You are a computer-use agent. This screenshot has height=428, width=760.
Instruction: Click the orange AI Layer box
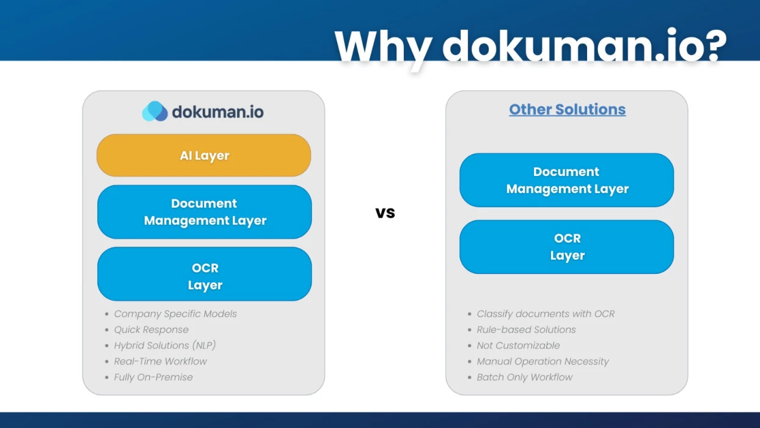pos(204,155)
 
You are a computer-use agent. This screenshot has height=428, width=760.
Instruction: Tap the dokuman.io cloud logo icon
pos(155,111)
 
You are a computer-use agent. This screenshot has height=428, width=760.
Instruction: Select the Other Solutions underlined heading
pos(568,109)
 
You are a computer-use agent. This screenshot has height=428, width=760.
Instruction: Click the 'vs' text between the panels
pos(385,213)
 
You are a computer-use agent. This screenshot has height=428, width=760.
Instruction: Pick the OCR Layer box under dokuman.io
pos(204,274)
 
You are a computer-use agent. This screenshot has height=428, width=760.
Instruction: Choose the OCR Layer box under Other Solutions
pos(566,247)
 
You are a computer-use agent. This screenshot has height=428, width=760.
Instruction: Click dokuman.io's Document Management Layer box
pos(204,212)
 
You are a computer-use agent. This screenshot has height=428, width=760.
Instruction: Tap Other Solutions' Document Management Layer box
pos(566,180)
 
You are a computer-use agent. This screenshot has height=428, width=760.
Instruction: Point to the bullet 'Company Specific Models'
pos(175,314)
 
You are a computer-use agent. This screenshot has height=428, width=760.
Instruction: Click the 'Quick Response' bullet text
pos(152,330)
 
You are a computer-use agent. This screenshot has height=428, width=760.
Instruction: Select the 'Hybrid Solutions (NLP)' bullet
pos(165,345)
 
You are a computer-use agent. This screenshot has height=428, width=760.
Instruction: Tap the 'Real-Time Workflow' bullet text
pos(161,361)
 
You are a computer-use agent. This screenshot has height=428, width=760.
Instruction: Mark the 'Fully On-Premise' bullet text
pos(153,377)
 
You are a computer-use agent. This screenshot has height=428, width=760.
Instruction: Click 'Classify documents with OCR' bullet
pos(546,314)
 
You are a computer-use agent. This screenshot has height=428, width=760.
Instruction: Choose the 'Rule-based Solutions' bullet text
pos(526,330)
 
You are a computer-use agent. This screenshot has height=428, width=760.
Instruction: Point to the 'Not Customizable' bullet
pos(519,345)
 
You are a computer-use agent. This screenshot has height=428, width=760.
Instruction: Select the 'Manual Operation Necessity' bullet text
pos(543,361)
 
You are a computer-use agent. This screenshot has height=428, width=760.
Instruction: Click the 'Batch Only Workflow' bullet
pos(525,377)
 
